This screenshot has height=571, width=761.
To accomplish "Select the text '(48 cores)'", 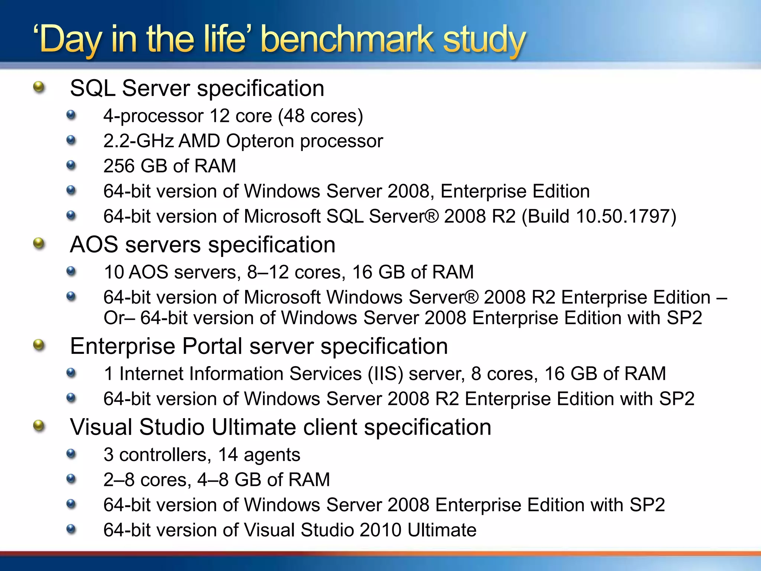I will pyautogui.click(x=321, y=116).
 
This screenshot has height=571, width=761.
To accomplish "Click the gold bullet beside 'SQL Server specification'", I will pyautogui.click(x=39, y=88).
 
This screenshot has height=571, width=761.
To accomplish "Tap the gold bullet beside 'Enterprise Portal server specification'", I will pyautogui.click(x=39, y=345).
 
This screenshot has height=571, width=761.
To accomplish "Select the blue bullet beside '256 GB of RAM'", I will pyautogui.click(x=71, y=165).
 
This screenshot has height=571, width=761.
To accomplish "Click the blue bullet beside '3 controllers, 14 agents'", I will pyautogui.click(x=71, y=454).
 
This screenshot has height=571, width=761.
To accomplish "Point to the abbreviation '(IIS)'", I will pyautogui.click(x=385, y=374).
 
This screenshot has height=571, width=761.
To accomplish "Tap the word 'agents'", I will pyautogui.click(x=272, y=455).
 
